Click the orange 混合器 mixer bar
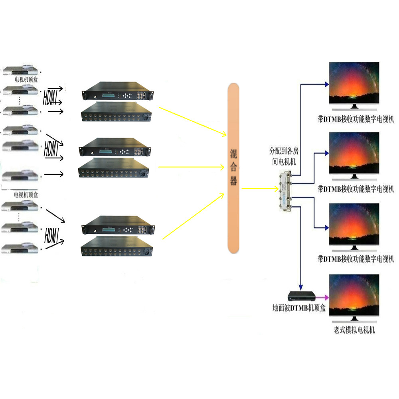(x=233, y=168)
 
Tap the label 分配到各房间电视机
(x=284, y=156)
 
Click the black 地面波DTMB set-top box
(x=302, y=296)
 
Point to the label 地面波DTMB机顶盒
(x=299, y=308)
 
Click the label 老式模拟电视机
(x=354, y=330)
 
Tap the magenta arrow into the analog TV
(x=322, y=297)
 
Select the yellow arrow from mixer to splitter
(x=260, y=189)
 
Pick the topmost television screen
(x=354, y=83)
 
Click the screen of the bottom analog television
(x=354, y=295)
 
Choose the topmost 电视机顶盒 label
(x=26, y=79)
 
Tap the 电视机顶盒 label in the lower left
(x=26, y=195)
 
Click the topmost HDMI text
(x=50, y=97)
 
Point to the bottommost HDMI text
(x=52, y=236)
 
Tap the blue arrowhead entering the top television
(x=327, y=84)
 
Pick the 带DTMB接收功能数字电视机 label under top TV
(x=356, y=119)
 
